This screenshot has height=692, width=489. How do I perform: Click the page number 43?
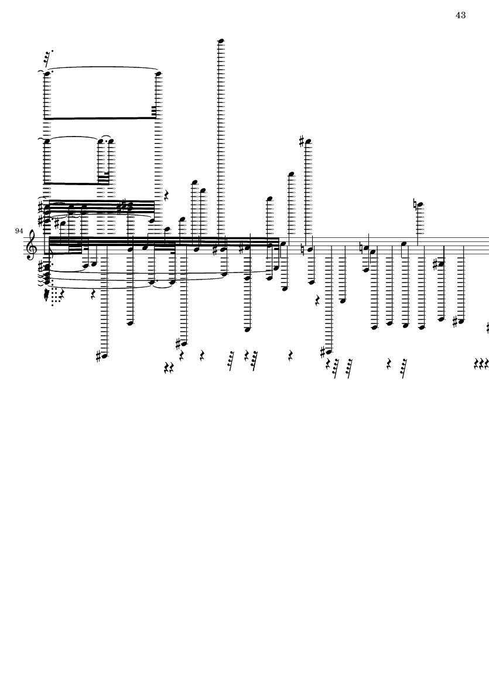(460, 15)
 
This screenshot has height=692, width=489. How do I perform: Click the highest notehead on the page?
(221, 41)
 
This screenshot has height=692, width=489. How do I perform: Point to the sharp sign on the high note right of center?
(301, 141)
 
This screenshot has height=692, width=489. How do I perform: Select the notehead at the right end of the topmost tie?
(159, 74)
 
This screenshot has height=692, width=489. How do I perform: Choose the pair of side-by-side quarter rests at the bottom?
(169, 369)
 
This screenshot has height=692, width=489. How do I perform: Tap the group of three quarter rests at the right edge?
(481, 364)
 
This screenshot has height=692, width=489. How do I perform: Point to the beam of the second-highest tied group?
(76, 183)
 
